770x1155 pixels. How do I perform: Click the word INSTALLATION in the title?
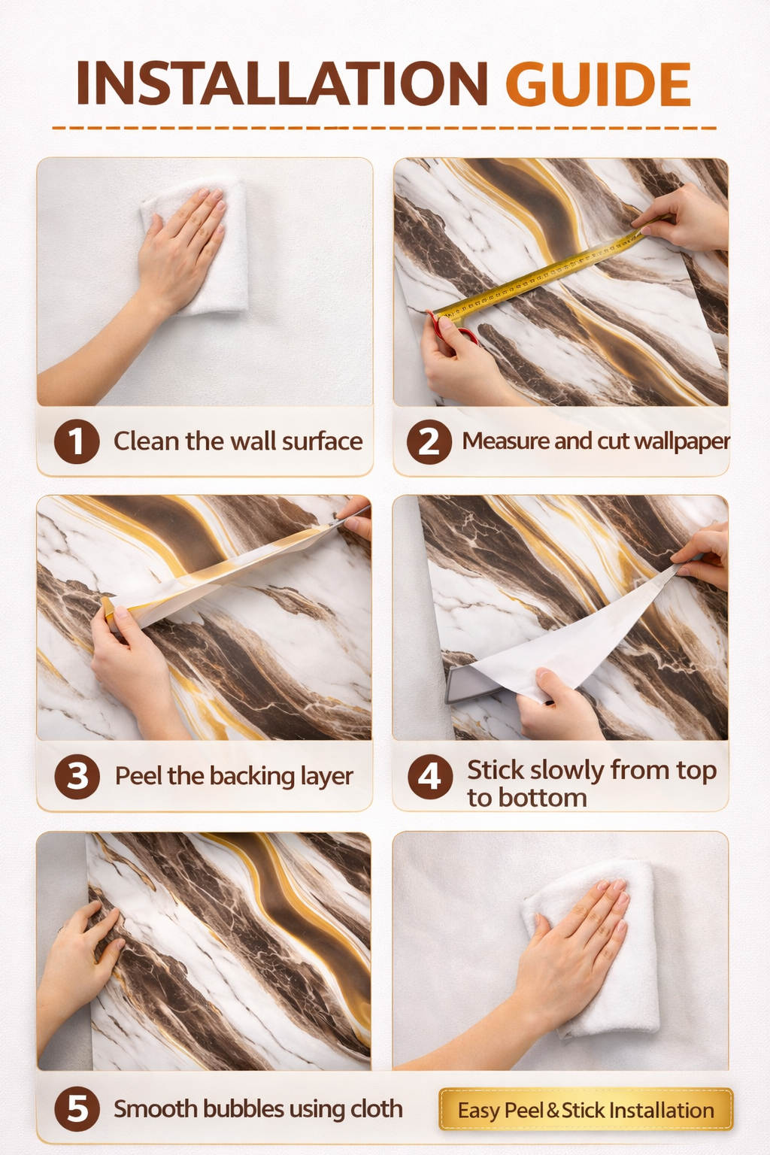coord(281,83)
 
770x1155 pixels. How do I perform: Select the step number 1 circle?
coord(77,441)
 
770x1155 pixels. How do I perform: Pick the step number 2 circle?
coord(429,441)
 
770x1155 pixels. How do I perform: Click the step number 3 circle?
coord(77,777)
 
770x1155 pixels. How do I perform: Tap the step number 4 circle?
coord(430,777)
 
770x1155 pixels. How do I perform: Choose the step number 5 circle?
coord(77,1109)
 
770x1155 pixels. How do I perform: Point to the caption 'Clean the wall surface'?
coord(238,441)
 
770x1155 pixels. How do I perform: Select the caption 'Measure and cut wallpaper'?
coord(596,442)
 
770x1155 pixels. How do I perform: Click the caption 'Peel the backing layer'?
coord(234,777)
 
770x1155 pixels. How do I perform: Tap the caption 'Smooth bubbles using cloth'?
coord(258,1108)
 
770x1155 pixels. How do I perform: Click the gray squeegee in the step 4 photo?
coord(472,684)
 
